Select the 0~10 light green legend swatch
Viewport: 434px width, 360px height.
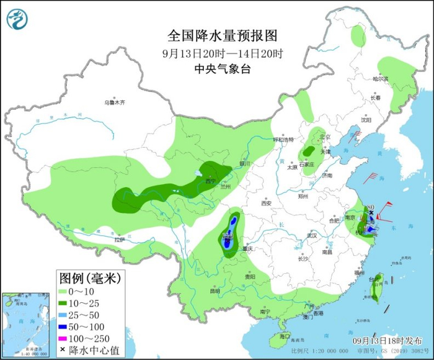(66, 290)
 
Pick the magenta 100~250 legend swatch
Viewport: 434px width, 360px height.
(66, 339)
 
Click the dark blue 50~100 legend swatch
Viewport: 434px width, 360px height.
(66, 327)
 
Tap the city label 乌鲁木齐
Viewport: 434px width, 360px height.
(115, 102)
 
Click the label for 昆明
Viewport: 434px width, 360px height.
(214, 291)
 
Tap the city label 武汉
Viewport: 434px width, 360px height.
(311, 235)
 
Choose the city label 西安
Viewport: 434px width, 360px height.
(267, 203)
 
